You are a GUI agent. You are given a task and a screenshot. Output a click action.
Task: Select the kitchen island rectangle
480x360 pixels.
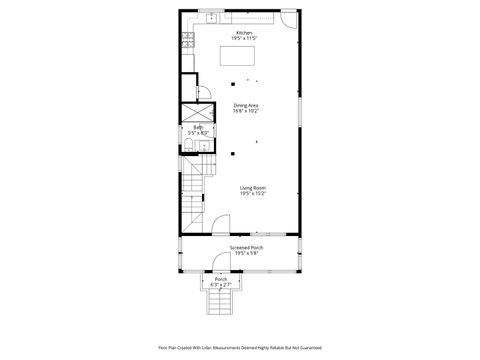240,56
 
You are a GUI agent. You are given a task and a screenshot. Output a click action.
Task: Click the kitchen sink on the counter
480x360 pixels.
213,17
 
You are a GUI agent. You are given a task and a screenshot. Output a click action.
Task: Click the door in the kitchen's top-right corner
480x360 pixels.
288,19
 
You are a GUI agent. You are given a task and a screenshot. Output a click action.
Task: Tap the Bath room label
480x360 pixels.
198,127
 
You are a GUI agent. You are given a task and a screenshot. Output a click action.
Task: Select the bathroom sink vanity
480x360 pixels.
203,147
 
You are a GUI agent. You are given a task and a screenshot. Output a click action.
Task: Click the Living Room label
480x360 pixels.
252,187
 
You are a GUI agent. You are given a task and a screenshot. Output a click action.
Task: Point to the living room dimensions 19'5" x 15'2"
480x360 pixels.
252,193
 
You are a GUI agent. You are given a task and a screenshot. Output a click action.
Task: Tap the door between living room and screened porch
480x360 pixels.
220,226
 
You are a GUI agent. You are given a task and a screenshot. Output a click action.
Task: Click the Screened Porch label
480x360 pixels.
245,247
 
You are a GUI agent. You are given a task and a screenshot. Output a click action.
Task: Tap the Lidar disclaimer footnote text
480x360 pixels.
240,348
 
